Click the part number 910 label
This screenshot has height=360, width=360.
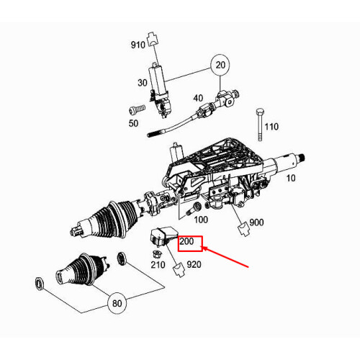(138, 45)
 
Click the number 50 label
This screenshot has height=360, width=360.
(132, 124)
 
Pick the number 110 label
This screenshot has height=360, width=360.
(271, 127)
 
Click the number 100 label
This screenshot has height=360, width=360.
(200, 218)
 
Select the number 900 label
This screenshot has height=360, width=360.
(257, 224)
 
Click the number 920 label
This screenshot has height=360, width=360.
(194, 265)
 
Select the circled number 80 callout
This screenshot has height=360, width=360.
(117, 303)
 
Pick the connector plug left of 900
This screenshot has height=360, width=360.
(242, 229)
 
